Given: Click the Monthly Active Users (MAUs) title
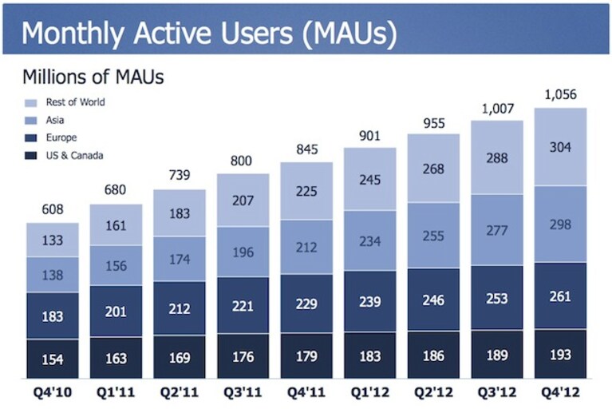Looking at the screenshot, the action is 209,33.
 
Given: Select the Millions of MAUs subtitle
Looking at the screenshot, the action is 93,77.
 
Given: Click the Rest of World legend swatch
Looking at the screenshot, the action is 31,103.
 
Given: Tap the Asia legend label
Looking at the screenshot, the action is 54,120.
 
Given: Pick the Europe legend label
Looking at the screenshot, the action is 61,137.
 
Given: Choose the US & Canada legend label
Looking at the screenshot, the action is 74,156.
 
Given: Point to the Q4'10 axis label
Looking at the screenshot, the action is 53,391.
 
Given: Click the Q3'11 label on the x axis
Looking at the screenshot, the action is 243,391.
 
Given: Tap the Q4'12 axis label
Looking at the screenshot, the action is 560,391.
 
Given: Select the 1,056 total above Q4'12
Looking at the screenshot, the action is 560,94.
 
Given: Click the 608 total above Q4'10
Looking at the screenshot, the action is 53,209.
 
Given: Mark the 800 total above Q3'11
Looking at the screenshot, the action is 241,161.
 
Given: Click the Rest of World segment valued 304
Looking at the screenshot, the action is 560,147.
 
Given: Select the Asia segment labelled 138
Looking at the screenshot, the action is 53,275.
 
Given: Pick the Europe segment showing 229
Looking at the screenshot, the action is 306,304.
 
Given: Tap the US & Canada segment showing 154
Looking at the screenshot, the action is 53,359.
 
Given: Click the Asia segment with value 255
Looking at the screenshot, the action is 433,235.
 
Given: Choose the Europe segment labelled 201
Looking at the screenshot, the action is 116,312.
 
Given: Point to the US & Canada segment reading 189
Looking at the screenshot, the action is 497,355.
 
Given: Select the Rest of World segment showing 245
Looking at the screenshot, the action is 370,179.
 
